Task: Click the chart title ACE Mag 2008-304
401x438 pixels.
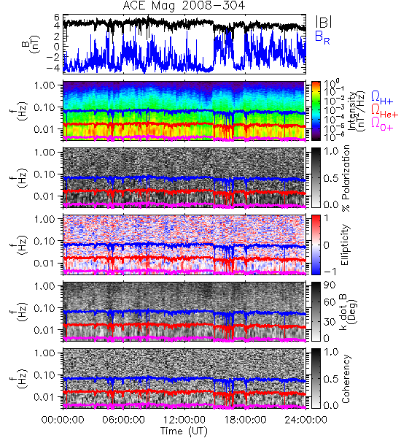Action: pyautogui.click(x=184, y=6)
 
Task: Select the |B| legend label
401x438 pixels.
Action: pyautogui.click(x=324, y=22)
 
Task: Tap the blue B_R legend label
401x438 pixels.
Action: pyautogui.click(x=322, y=37)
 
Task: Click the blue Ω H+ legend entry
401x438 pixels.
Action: pyautogui.click(x=382, y=98)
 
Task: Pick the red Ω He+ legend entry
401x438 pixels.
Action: pyautogui.click(x=384, y=111)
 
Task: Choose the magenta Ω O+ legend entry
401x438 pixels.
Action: pyautogui.click(x=382, y=124)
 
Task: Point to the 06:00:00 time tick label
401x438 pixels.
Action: pyautogui.click(x=123, y=420)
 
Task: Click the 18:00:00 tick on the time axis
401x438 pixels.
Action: pyautogui.click(x=245, y=420)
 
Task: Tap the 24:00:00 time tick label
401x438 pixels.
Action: pyautogui.click(x=305, y=420)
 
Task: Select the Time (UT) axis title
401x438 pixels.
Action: pyautogui.click(x=184, y=431)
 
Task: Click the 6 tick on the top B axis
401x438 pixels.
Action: pyautogui.click(x=57, y=18)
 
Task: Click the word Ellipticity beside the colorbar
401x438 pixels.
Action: pyautogui.click(x=345, y=245)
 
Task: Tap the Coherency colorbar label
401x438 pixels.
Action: pyautogui.click(x=346, y=379)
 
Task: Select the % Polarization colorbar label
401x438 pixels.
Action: pyautogui.click(x=346, y=178)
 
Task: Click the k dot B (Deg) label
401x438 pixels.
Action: pyautogui.click(x=349, y=312)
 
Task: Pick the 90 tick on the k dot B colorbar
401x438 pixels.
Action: pyautogui.click(x=330, y=285)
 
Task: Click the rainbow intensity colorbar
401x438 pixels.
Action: pyautogui.click(x=316, y=111)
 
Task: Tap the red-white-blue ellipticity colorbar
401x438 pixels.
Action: pyautogui.click(x=316, y=245)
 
